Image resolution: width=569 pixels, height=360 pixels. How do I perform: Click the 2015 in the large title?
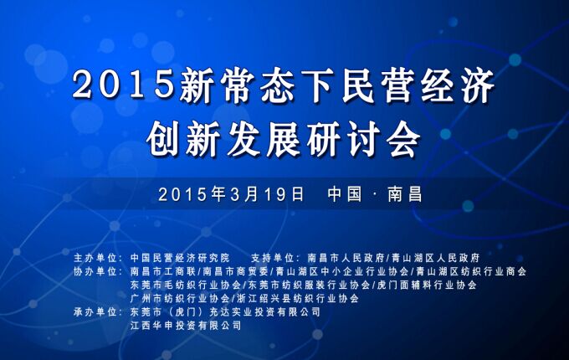123,85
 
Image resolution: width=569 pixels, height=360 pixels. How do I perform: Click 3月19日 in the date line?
267,194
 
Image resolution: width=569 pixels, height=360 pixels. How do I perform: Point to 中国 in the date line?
345,194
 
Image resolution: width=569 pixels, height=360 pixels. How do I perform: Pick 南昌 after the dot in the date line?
405,194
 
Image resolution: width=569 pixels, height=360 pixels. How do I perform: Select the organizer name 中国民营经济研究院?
180,258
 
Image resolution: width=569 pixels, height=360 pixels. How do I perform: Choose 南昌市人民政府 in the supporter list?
346,258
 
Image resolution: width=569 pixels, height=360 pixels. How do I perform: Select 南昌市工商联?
163,271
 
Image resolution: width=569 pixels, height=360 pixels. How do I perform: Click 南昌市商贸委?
235,271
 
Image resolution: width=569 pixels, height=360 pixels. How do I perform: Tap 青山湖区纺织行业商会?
471,271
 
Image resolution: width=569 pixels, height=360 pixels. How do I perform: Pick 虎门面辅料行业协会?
427,285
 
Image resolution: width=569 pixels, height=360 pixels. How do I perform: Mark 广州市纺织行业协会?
180,298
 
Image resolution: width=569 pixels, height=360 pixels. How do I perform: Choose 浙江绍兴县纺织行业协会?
298,298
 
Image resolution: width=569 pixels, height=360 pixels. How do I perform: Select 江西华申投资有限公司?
186,325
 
